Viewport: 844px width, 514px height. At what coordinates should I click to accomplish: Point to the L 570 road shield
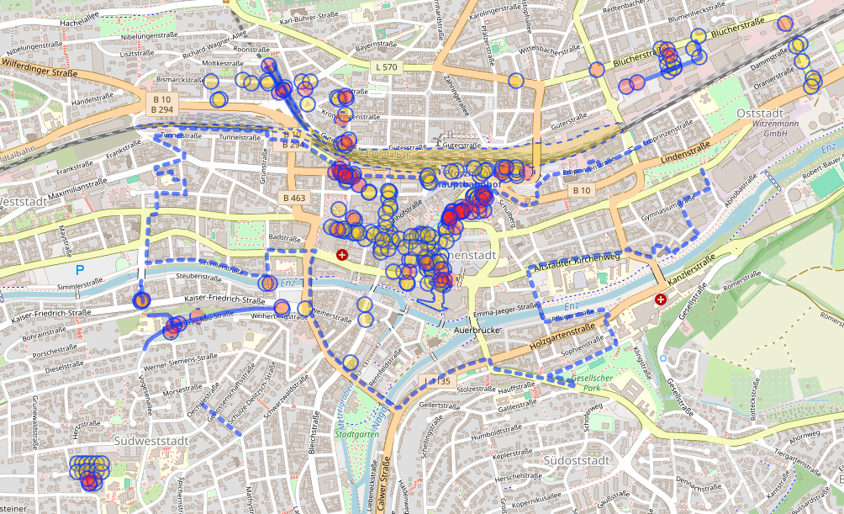click(x=388, y=66)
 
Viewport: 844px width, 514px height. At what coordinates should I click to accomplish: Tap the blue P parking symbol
click(x=80, y=270)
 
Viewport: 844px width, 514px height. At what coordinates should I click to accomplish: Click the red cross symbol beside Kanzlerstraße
click(x=660, y=299)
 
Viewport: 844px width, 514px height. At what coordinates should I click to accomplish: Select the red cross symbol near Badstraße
click(x=341, y=254)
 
